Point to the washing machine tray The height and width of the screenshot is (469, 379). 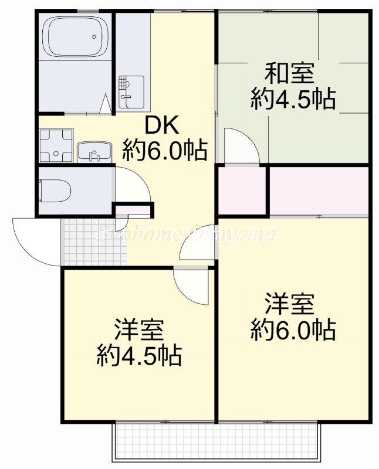(x=55, y=144)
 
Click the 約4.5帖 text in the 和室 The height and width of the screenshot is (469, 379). (x=293, y=99)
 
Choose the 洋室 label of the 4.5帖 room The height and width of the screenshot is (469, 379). (x=138, y=330)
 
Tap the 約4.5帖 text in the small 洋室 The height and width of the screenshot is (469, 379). (x=138, y=355)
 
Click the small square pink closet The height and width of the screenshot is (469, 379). (x=242, y=191)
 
